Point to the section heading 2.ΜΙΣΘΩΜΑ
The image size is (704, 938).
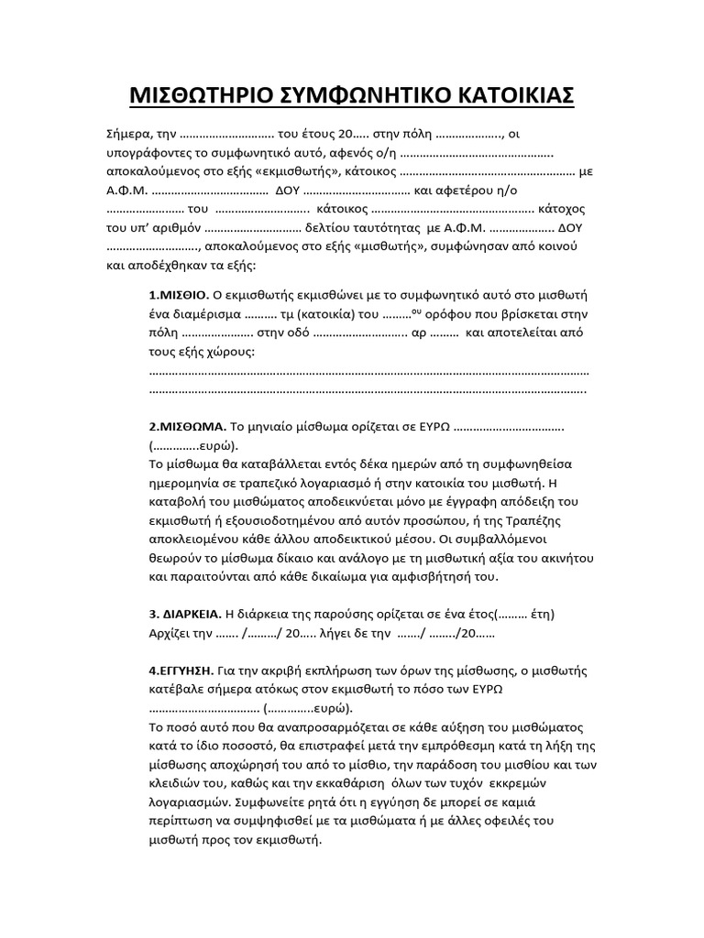(x=186, y=427)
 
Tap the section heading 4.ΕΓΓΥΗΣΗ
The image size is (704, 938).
(x=181, y=671)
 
